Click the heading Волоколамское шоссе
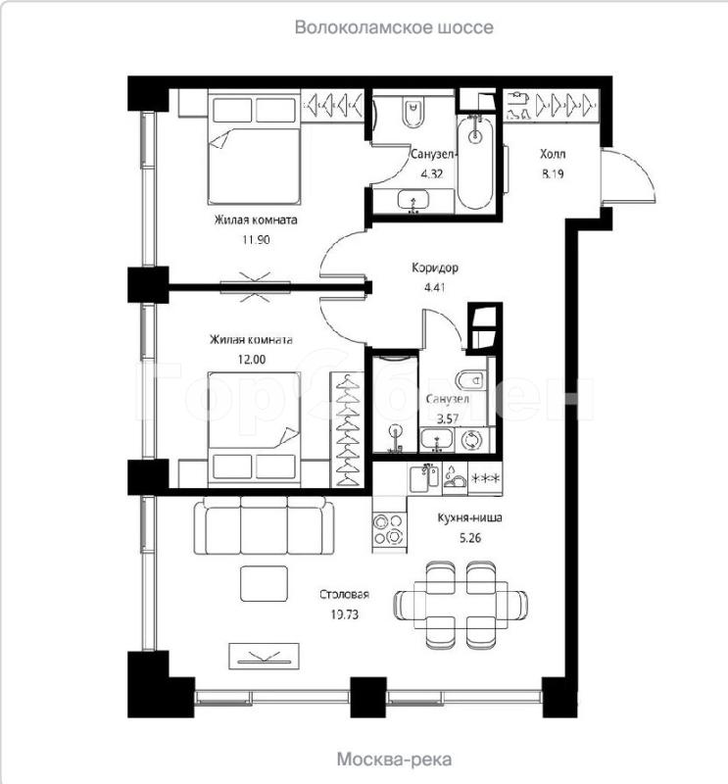click(394, 27)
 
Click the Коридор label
click(434, 268)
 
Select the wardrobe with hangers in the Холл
click(552, 104)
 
